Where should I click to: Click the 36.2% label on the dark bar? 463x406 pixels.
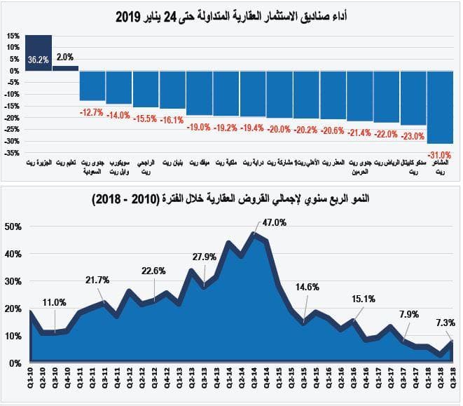pos(39,60)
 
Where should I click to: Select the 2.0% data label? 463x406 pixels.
pos(65,57)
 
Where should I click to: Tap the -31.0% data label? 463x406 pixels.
pos(439,154)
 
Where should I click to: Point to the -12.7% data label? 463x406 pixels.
pos(92,112)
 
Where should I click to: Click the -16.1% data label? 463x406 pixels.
pos(172,120)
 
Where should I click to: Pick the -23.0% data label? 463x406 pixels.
pos(413,137)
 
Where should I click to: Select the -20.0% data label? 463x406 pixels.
pos(279,129)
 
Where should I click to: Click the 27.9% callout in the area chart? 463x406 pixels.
pos(204,257)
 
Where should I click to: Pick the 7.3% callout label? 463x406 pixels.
pos(444,323)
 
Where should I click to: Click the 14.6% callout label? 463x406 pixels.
pos(307,287)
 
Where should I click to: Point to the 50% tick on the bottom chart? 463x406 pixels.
pos(13,226)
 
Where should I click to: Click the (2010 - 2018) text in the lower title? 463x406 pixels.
pos(124,201)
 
